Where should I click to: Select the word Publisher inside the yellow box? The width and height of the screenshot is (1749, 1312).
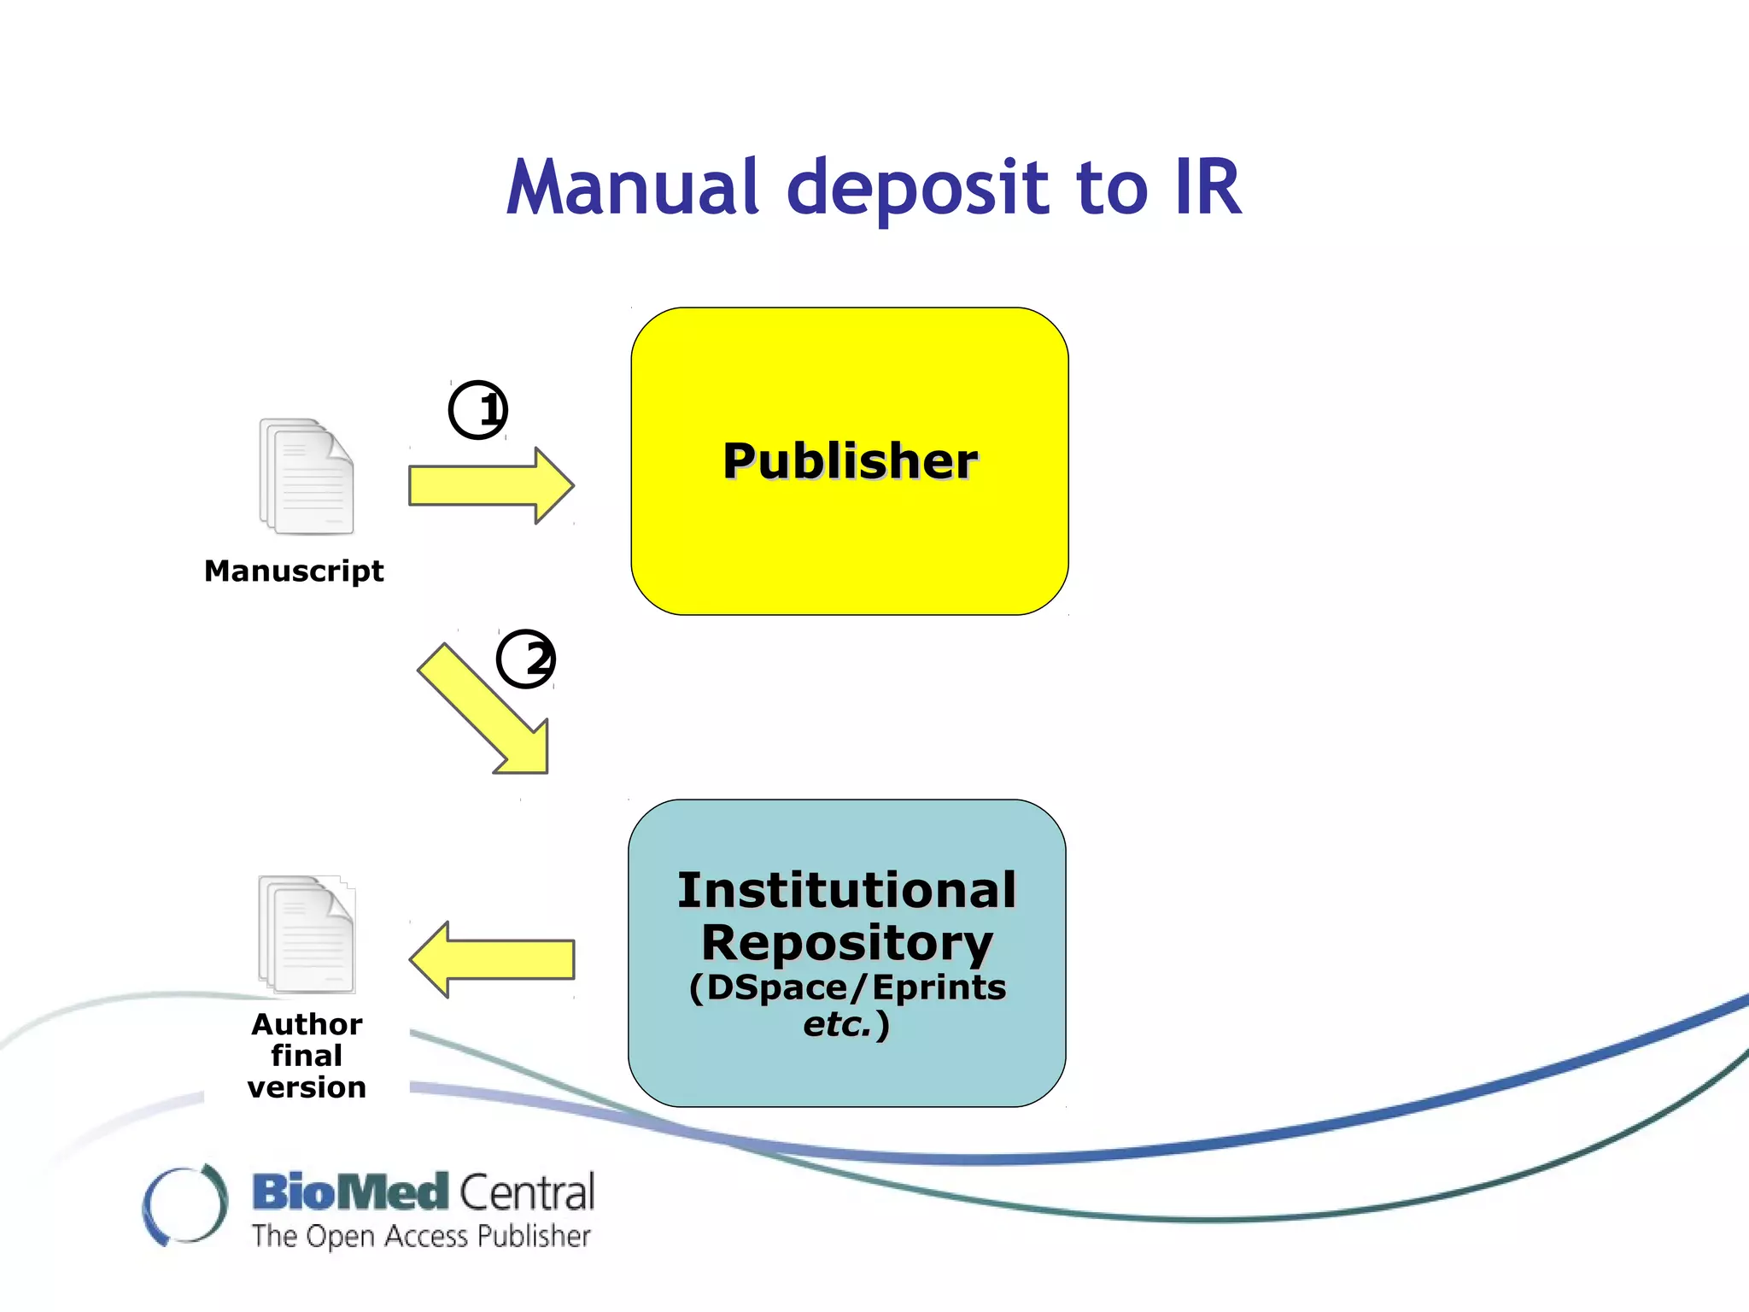[x=850, y=461]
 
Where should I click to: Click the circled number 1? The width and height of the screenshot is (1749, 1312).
[x=478, y=410]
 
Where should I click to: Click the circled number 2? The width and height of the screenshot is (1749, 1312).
[x=526, y=659]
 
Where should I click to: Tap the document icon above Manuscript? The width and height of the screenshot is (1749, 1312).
[x=307, y=477]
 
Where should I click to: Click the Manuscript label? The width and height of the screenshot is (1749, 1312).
[x=294, y=571]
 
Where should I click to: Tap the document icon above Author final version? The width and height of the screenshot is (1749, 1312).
[x=307, y=934]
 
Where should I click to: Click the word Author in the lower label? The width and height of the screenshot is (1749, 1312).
[x=307, y=1023]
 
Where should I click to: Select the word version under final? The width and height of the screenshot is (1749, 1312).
[x=307, y=1087]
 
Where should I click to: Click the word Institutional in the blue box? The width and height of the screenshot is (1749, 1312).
[x=846, y=890]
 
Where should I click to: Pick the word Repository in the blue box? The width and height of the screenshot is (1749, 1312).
[x=846, y=943]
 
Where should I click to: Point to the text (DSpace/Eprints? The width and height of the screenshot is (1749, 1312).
[x=846, y=987]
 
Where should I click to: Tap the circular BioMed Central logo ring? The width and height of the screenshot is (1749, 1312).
[x=185, y=1204]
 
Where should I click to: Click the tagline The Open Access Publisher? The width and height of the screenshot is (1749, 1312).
[x=421, y=1236]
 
